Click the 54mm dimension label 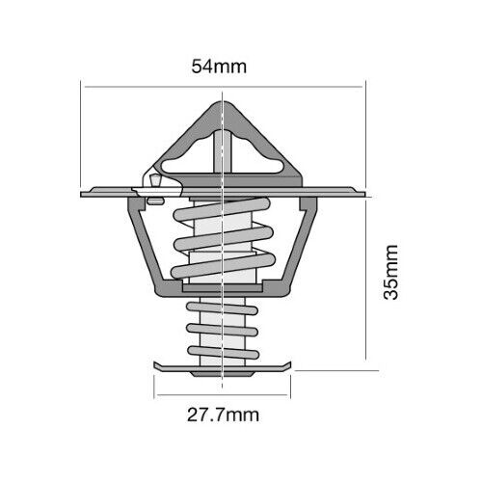pyautogui.click(x=219, y=67)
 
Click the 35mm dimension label pyautogui.click(x=391, y=273)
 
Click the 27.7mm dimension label pyautogui.click(x=223, y=415)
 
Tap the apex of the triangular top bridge pyautogui.click(x=223, y=102)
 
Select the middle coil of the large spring pyautogui.click(x=224, y=238)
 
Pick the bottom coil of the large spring pyautogui.click(x=224, y=266)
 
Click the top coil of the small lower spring pyautogui.click(x=222, y=308)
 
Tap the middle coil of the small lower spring pyautogui.click(x=222, y=330)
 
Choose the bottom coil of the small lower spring pyautogui.click(x=223, y=353)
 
